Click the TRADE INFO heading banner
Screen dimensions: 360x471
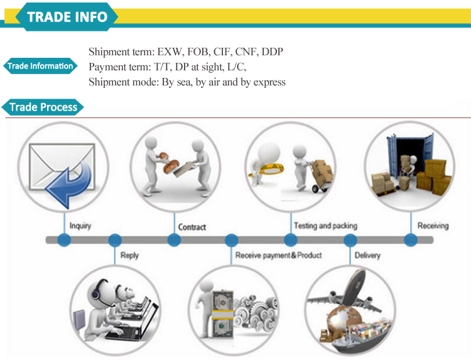coord(67,16)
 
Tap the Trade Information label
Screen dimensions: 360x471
coord(40,66)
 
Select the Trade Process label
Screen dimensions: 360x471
coord(43,107)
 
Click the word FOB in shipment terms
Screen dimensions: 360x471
coord(196,52)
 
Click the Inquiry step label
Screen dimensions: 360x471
coord(80,226)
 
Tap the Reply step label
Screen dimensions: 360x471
coord(129,256)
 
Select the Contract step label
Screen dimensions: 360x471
coord(192,227)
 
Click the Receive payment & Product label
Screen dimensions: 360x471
coord(278,256)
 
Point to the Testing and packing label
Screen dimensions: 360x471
coord(325,226)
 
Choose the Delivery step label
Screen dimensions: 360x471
coord(367,256)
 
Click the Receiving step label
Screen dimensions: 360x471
coord(433,226)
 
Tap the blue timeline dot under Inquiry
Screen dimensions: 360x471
coord(63,240)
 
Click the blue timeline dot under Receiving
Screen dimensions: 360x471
coord(410,240)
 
